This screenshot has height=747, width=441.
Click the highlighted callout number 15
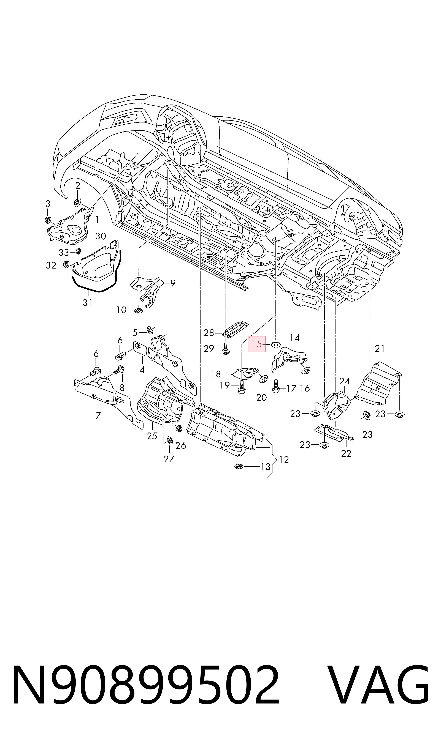click(257, 344)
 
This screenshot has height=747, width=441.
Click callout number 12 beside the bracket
click(284, 460)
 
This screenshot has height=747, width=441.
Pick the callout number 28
click(209, 333)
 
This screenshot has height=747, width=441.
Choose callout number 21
click(380, 349)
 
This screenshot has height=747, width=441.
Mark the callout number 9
click(173, 283)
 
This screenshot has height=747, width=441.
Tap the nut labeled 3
click(47, 220)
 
